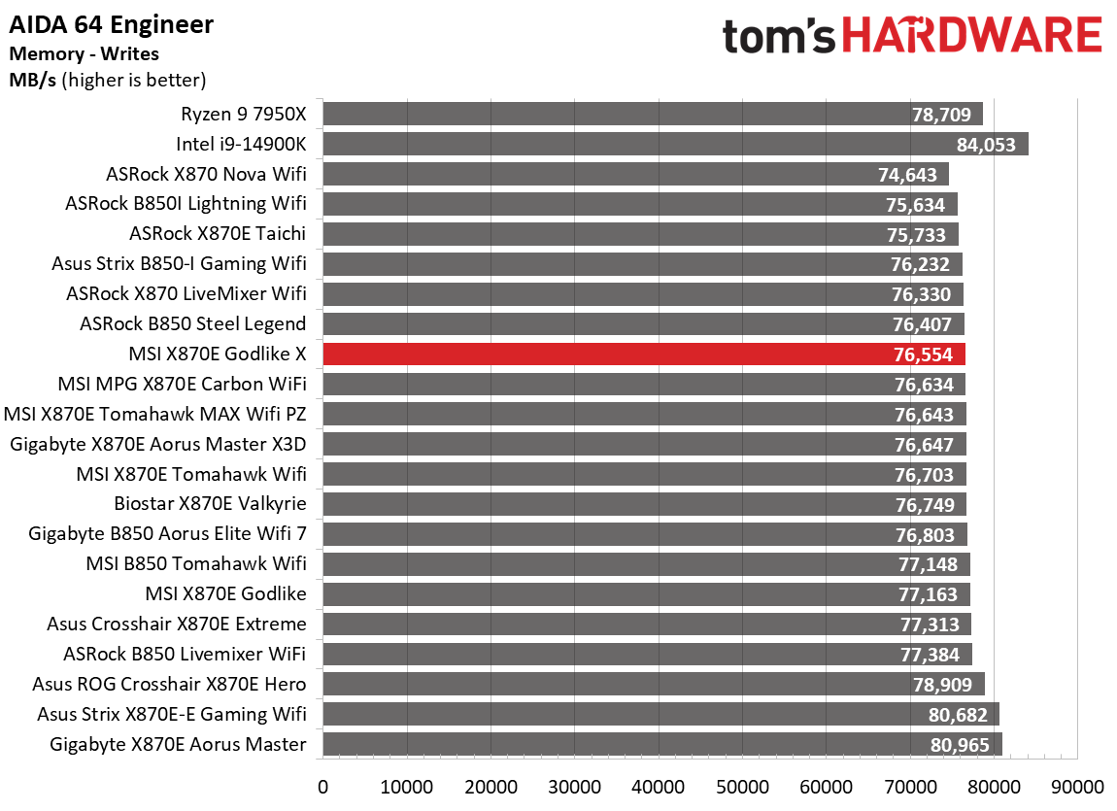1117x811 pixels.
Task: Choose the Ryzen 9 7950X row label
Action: pyautogui.click(x=243, y=115)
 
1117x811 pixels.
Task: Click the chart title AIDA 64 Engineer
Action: pyautogui.click(x=112, y=24)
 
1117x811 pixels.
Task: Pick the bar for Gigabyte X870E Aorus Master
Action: pyautogui.click(x=660, y=745)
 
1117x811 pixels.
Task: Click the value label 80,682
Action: pyautogui.click(x=958, y=715)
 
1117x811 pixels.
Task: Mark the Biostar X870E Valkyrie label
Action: pyautogui.click(x=210, y=504)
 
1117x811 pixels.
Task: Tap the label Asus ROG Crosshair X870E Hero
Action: pyautogui.click(x=169, y=685)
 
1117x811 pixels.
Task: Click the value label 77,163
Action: pyautogui.click(x=928, y=594)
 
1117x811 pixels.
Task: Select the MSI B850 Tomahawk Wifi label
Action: pyautogui.click(x=196, y=564)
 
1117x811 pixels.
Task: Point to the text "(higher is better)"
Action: pyautogui.click(x=134, y=80)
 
